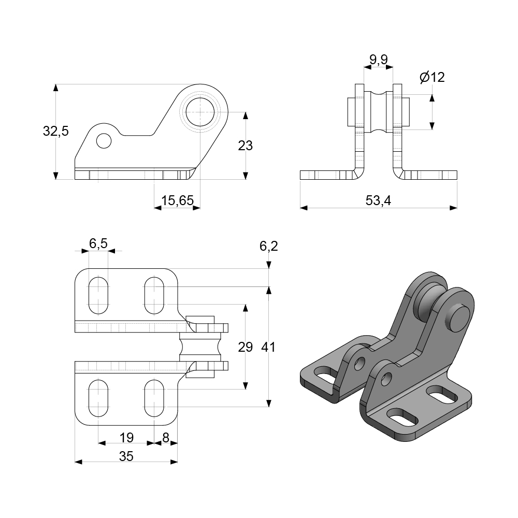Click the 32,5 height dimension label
[x=55, y=131]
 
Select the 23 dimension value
[x=245, y=146]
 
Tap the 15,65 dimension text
[x=177, y=201]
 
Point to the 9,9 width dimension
[x=378, y=60]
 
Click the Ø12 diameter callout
[x=432, y=78]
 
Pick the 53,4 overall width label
[x=378, y=201]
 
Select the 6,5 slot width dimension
[x=98, y=243]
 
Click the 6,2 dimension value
[x=268, y=246]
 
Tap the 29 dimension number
[x=245, y=347]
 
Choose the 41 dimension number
[x=268, y=347]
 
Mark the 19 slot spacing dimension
[x=126, y=438]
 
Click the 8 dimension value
[x=166, y=438]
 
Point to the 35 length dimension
[x=126, y=456]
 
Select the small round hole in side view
[x=104, y=140]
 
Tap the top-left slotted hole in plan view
[x=98, y=295]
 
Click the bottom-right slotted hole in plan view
[x=154, y=398]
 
